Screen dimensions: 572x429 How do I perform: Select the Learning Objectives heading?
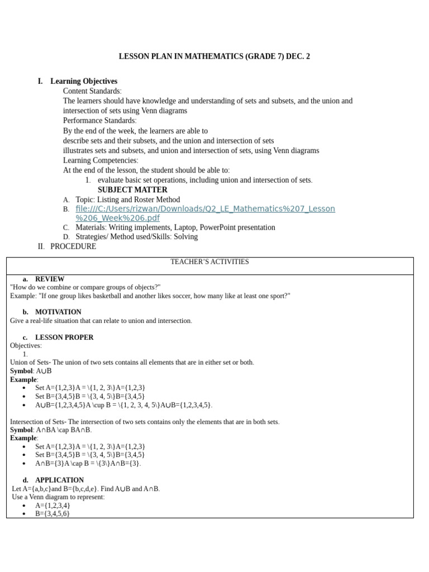pyautogui.click(x=84, y=81)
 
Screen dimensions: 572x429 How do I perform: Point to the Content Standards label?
pyautogui.click(x=92, y=91)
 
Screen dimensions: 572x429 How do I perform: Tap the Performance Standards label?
pyautogui.click(x=99, y=121)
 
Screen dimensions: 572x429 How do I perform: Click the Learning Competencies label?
pyautogui.click(x=100, y=160)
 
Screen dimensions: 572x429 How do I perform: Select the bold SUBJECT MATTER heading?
pyautogui.click(x=132, y=189)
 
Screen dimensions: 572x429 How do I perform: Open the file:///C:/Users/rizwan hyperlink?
pyautogui.click(x=205, y=209)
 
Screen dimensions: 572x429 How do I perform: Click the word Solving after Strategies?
pyautogui.click(x=185, y=236)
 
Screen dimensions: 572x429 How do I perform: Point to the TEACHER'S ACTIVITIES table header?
pyautogui.click(x=209, y=261)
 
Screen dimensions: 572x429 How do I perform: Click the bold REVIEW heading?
pyautogui.click(x=49, y=279)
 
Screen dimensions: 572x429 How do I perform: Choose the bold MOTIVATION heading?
pyautogui.click(x=58, y=312)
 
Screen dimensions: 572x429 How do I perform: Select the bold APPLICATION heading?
pyautogui.click(x=59, y=480)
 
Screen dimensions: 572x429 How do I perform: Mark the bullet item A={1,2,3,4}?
pyautogui.click(x=53, y=505)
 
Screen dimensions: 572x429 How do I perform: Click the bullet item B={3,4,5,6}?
pyautogui.click(x=53, y=513)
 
